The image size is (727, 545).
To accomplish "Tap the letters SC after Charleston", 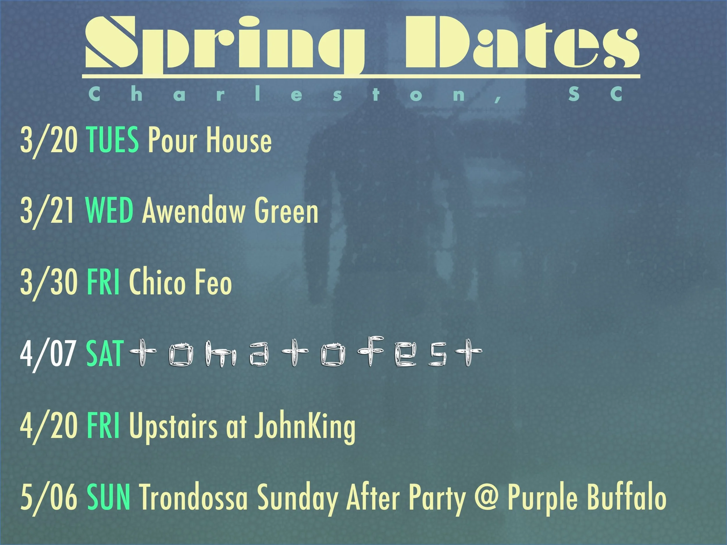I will (595, 94).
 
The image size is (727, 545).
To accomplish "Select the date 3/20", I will (49, 140).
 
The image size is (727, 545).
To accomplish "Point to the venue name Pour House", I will (210, 140).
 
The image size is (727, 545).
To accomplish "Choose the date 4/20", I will (49, 426).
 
